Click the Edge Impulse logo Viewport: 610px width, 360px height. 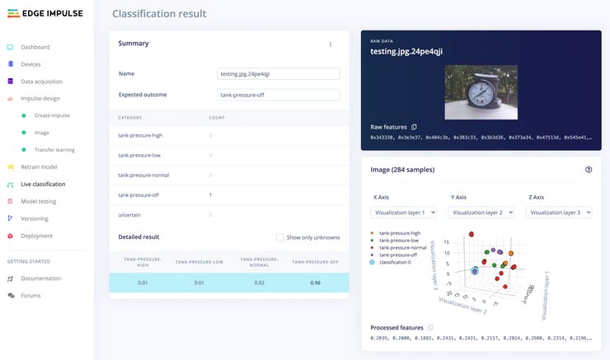[x=41, y=14]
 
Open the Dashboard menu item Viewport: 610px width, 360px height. [x=35, y=47]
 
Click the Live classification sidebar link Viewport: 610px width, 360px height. [x=43, y=184]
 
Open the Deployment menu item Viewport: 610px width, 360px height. [x=36, y=236]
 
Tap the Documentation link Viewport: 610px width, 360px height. [x=41, y=278]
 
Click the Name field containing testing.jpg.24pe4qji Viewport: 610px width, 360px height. [x=278, y=73]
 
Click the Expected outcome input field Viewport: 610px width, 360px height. [x=278, y=95]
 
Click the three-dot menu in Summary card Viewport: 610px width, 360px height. [x=331, y=44]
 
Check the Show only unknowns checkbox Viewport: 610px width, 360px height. [x=280, y=237]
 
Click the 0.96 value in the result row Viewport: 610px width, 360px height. [x=314, y=283]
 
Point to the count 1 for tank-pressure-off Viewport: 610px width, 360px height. [x=210, y=195]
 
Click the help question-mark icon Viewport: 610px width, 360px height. [x=588, y=170]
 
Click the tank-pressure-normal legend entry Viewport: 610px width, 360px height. [x=402, y=247]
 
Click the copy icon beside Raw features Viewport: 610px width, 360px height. [x=415, y=127]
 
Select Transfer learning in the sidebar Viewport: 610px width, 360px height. [x=54, y=149]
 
